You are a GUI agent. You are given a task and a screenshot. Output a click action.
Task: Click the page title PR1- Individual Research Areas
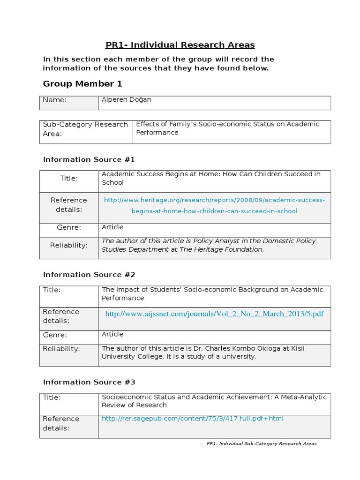[x=180, y=45]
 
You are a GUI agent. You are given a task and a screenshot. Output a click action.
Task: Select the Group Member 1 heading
[x=82, y=84]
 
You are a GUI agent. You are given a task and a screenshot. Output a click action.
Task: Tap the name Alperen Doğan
[x=127, y=100]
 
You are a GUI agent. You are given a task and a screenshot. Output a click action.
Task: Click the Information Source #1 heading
[x=89, y=159]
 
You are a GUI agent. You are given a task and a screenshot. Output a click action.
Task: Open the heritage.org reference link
[x=214, y=205]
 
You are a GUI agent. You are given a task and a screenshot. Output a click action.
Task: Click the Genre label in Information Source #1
[x=69, y=227]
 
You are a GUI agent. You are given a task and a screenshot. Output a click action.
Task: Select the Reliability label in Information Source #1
[x=69, y=245]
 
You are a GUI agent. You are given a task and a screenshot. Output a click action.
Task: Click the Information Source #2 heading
[x=89, y=275]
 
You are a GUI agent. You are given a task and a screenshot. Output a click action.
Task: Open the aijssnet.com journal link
[x=214, y=314]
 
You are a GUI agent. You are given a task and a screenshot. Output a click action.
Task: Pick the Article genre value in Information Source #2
[x=112, y=334]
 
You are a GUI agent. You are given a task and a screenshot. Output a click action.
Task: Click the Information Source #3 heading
[x=89, y=382]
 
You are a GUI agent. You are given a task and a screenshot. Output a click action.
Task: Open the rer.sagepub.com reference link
[x=193, y=419]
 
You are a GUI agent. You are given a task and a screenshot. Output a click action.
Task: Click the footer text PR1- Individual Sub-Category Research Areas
[x=261, y=443]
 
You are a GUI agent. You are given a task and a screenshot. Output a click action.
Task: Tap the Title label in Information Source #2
[x=52, y=290]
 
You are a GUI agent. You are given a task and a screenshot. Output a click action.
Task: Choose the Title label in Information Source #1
[x=69, y=178]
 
